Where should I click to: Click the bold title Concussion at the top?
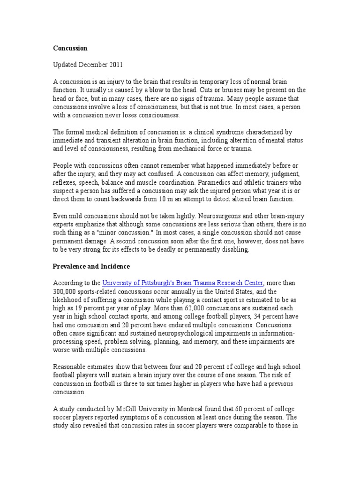[70, 48]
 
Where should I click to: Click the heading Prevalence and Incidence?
[91, 266]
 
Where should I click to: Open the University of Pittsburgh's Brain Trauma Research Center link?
[183, 283]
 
